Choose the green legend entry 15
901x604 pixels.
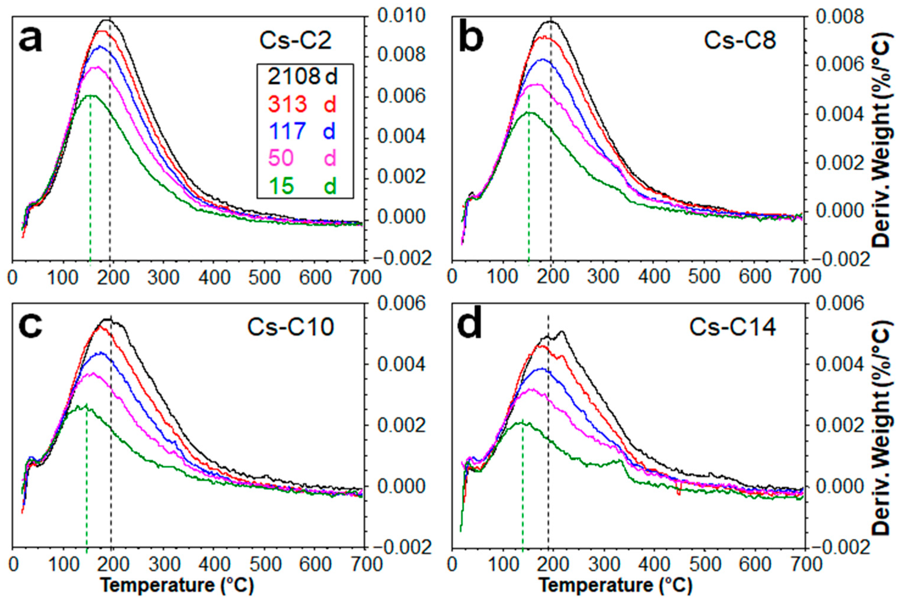(281, 186)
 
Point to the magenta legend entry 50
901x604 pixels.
(281, 158)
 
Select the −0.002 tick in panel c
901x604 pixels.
(400, 547)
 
